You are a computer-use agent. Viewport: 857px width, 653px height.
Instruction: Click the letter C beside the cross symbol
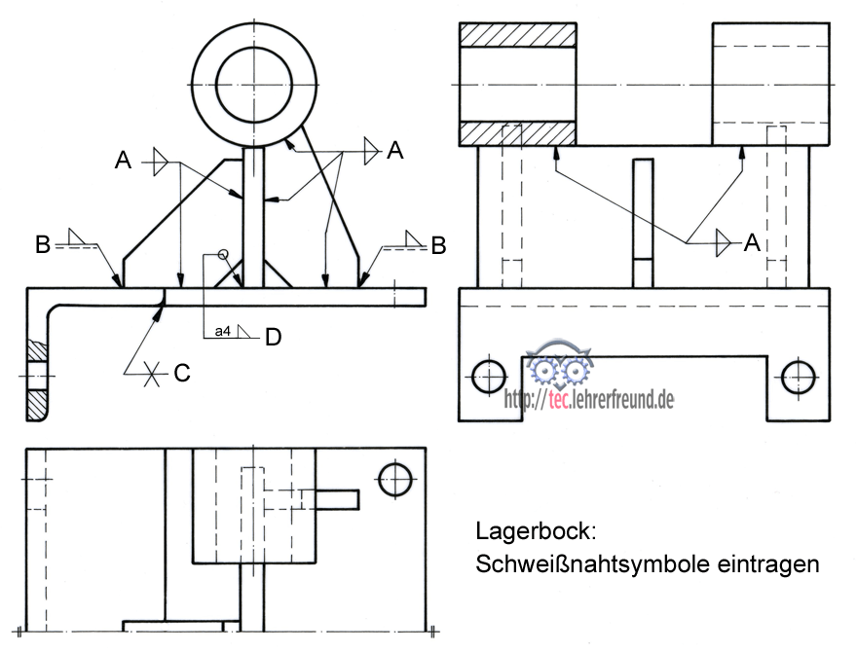coord(181,372)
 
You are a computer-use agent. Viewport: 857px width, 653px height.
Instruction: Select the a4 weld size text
coord(222,333)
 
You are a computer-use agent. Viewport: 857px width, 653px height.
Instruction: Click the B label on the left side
coord(43,245)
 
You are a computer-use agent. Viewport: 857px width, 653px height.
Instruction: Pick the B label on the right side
coord(438,245)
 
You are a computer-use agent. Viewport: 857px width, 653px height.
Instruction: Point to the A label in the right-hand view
coord(751,243)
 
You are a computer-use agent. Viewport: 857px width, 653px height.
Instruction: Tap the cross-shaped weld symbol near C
coord(151,373)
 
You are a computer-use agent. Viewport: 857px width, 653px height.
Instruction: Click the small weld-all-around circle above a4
coord(223,255)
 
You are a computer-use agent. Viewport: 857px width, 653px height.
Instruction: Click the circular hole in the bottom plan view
coord(396,478)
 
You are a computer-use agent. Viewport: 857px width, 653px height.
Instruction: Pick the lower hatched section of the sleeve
coord(516,132)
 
